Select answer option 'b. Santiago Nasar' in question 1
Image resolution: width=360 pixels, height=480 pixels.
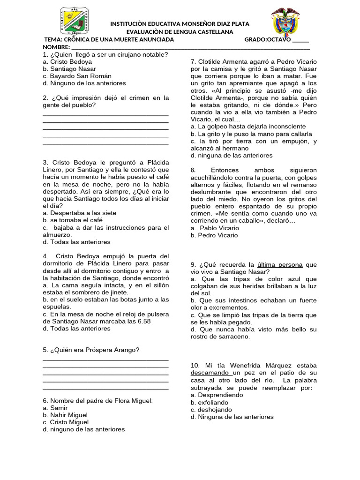69,68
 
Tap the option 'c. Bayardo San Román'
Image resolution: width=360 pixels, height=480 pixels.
77,76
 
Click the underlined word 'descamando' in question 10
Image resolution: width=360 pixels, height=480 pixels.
210,373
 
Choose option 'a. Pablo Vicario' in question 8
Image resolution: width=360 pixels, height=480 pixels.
215,228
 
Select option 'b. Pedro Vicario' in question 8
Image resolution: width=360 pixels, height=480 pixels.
214,235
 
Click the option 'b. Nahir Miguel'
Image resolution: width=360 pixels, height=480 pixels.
65,415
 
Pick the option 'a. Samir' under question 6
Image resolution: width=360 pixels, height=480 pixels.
55,408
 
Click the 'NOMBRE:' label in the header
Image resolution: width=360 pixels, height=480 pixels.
56,47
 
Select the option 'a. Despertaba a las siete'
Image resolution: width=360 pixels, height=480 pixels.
79,213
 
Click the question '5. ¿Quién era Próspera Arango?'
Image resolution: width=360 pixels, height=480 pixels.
91,350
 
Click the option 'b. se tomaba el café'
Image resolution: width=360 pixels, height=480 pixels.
72,220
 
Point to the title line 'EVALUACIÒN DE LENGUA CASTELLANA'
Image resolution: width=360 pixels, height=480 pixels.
180,31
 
